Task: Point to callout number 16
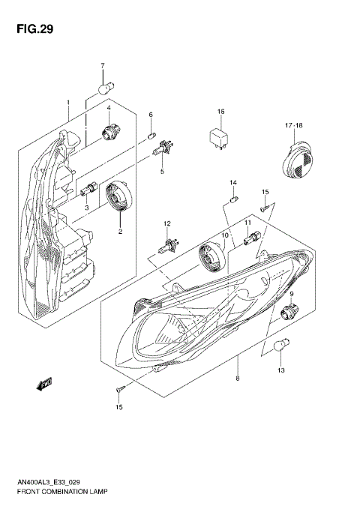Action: (221, 112)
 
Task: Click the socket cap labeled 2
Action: (118, 199)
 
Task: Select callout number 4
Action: (109, 109)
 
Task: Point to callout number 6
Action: (150, 115)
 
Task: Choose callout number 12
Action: (168, 223)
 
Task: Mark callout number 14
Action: (232, 183)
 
